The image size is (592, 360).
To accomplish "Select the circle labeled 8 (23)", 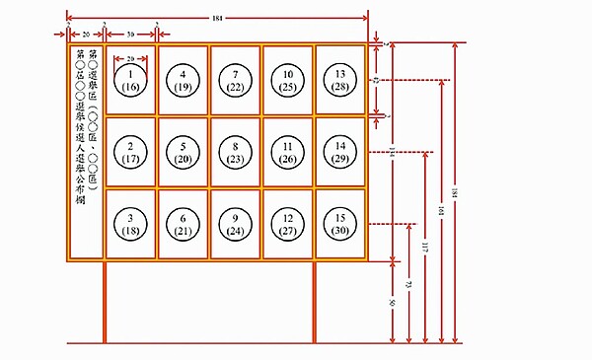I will (x=236, y=152).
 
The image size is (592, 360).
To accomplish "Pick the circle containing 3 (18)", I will (x=130, y=223).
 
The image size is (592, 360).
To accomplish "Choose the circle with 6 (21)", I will (x=184, y=223).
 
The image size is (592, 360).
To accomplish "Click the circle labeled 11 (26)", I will (x=289, y=152).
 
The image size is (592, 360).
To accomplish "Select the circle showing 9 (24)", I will (x=236, y=223).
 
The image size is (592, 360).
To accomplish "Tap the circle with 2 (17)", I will (x=130, y=152).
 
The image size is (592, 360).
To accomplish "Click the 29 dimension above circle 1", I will (x=130, y=57).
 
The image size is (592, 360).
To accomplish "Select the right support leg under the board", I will (x=315, y=301).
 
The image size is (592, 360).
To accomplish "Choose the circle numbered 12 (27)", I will (x=289, y=223).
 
